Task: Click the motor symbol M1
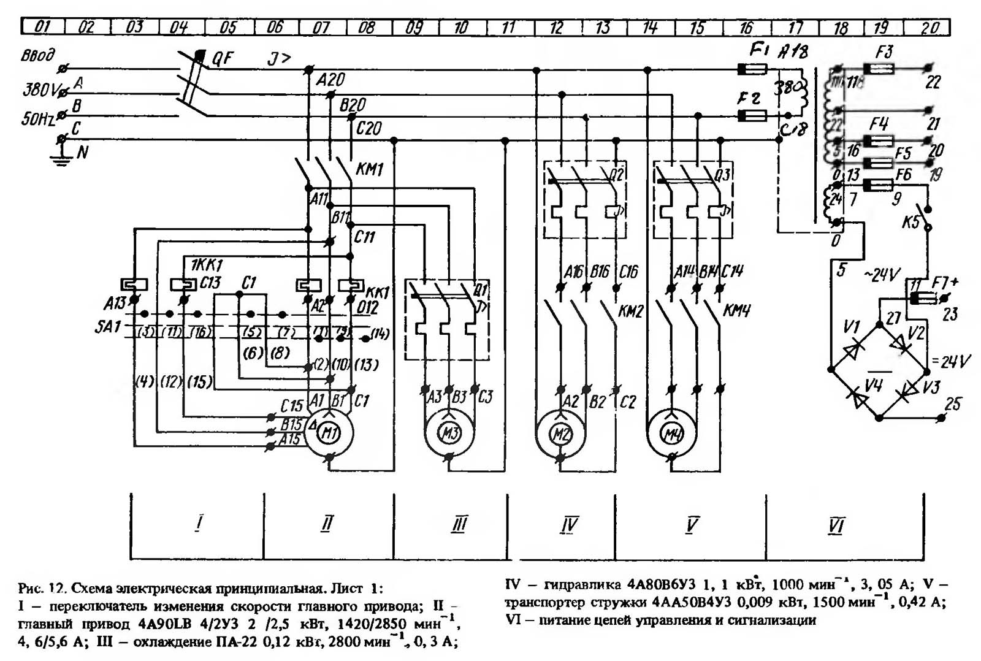pos(330,434)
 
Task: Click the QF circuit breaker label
pos(223,58)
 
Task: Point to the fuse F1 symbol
pos(751,70)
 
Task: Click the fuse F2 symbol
pos(751,115)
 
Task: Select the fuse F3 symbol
pos(877,69)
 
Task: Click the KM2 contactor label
pos(630,311)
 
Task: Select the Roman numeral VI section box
pos(836,525)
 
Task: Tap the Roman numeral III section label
pos(459,524)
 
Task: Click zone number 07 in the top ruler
pos(321,28)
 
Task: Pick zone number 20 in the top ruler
pos(929,28)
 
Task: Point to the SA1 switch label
pos(108,326)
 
